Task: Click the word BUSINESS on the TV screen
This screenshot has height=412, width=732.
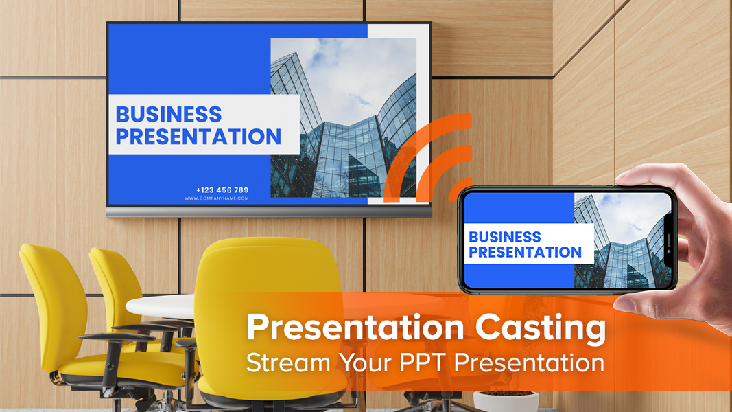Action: (169, 115)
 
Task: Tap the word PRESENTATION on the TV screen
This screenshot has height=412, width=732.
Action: (198, 137)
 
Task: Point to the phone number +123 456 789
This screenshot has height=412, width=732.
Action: (222, 190)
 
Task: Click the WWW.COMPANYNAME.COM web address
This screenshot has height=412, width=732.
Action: (217, 198)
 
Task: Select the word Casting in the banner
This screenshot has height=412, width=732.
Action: (540, 328)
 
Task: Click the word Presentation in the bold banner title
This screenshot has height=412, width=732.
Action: (355, 327)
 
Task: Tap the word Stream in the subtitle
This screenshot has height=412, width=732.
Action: (289, 363)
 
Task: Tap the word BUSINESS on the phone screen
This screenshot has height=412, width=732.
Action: (505, 237)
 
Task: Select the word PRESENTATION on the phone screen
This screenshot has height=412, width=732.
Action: (526, 252)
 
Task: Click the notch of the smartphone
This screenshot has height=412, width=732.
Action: (669, 241)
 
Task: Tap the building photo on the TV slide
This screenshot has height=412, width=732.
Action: (344, 117)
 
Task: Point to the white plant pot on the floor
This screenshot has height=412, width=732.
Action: (506, 401)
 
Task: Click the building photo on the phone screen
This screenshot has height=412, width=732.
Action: (623, 241)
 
